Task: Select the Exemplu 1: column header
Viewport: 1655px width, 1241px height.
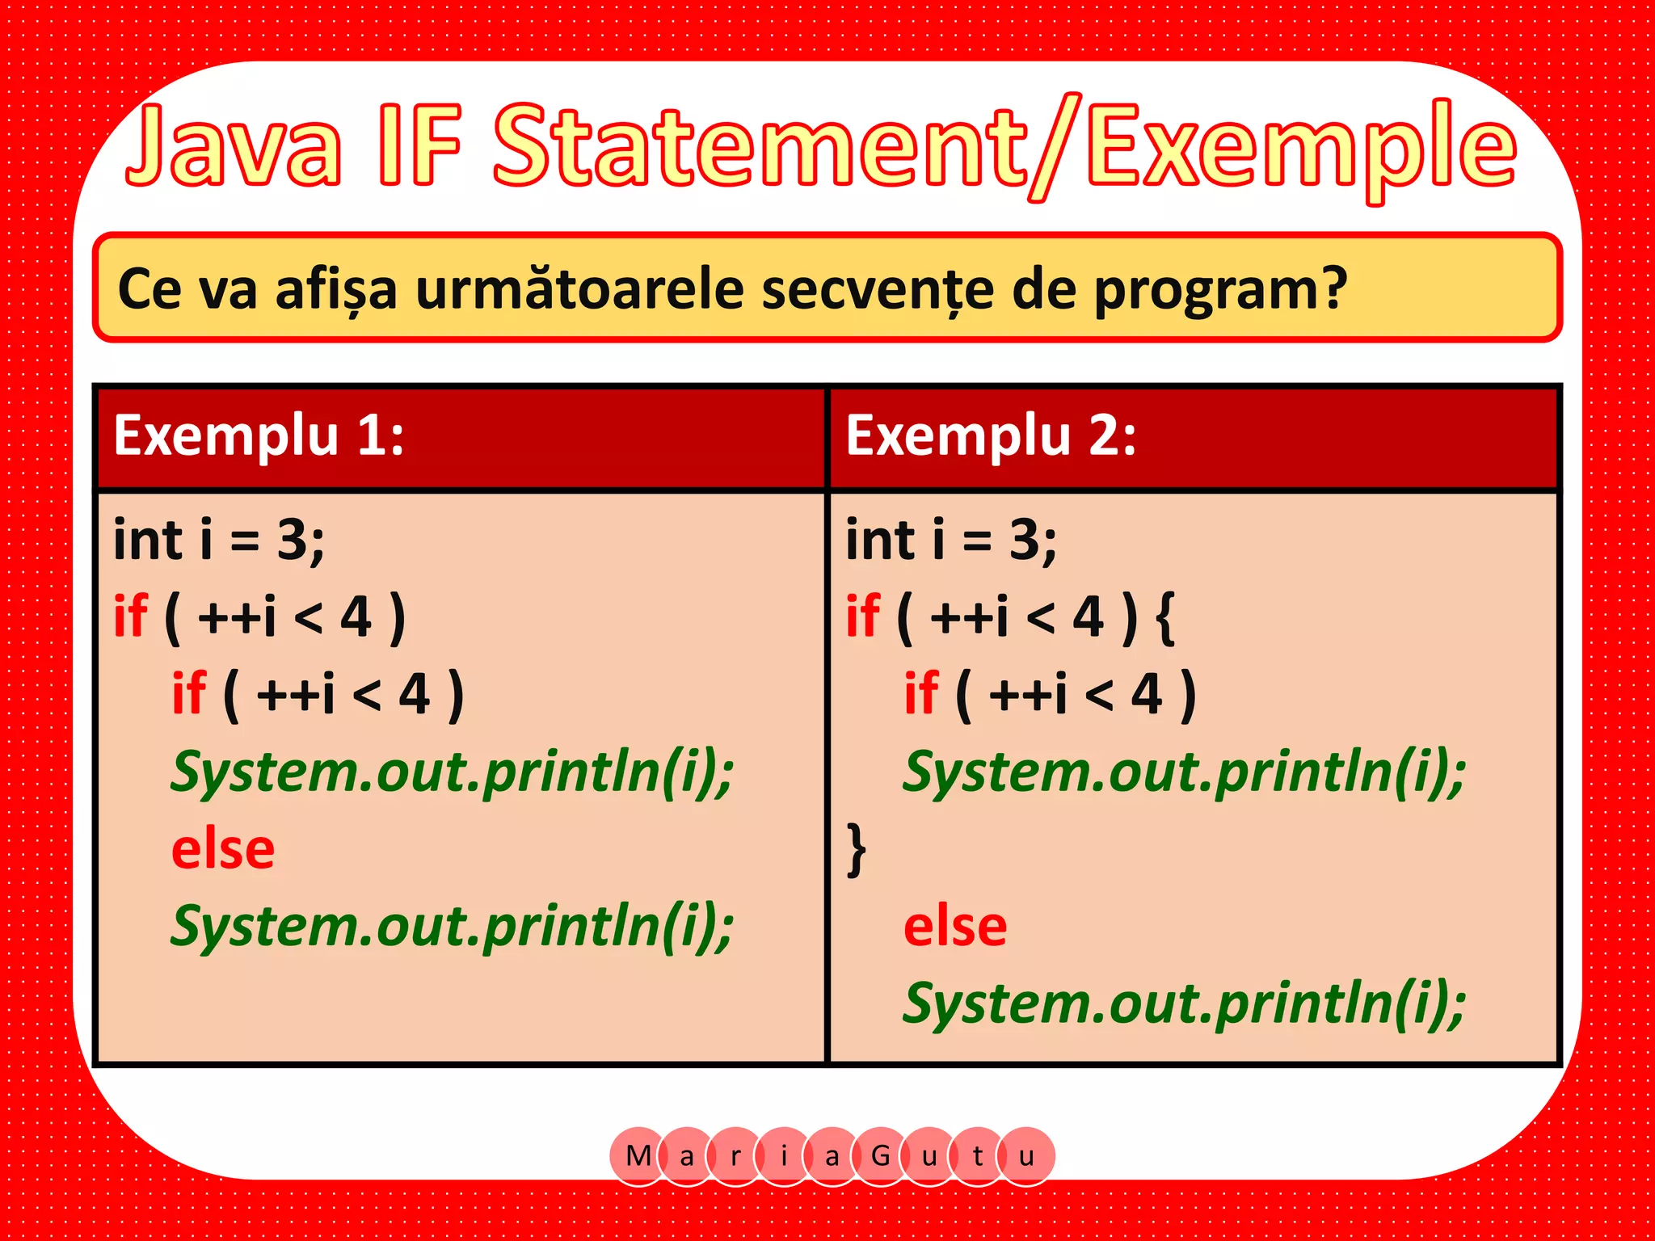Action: click(x=259, y=436)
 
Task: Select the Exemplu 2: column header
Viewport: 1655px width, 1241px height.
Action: click(x=991, y=436)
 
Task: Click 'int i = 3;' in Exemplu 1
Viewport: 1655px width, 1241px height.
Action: click(x=219, y=540)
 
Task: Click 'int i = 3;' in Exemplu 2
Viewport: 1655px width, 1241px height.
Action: click(x=951, y=540)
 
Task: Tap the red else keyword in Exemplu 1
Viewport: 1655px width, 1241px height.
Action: click(x=223, y=850)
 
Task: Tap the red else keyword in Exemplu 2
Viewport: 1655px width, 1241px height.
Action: click(x=955, y=927)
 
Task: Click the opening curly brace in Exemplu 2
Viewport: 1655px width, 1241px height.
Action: click(x=1164, y=617)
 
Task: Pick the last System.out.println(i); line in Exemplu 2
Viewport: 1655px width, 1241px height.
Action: click(x=1184, y=1004)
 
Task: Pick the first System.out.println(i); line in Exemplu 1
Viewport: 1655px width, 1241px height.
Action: click(x=452, y=772)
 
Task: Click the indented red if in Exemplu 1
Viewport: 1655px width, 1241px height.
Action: click(x=189, y=694)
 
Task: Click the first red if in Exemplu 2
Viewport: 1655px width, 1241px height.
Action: click(x=862, y=617)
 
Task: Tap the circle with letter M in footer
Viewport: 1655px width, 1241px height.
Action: click(x=638, y=1156)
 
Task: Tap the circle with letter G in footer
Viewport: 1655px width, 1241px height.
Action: click(x=881, y=1156)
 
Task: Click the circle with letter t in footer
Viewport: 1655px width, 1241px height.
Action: click(x=978, y=1156)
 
